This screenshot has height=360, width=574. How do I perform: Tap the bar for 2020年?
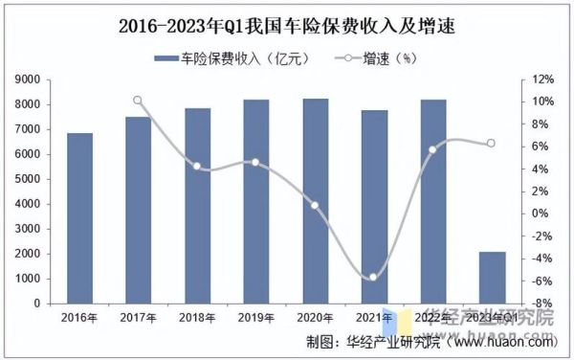(x=315, y=201)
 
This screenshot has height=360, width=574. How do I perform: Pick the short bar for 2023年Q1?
(x=493, y=278)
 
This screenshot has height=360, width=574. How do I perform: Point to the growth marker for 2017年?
(x=138, y=100)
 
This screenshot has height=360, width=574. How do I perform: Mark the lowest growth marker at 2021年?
(x=374, y=277)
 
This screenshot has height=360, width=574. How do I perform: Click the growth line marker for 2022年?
(x=432, y=149)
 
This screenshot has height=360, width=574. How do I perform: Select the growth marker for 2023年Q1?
(x=492, y=144)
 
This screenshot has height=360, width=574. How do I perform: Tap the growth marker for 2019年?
(x=255, y=163)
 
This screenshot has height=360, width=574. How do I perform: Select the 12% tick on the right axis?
(x=542, y=79)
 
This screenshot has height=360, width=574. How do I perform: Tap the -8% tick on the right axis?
(x=542, y=304)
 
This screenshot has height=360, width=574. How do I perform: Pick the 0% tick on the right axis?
(x=542, y=214)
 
